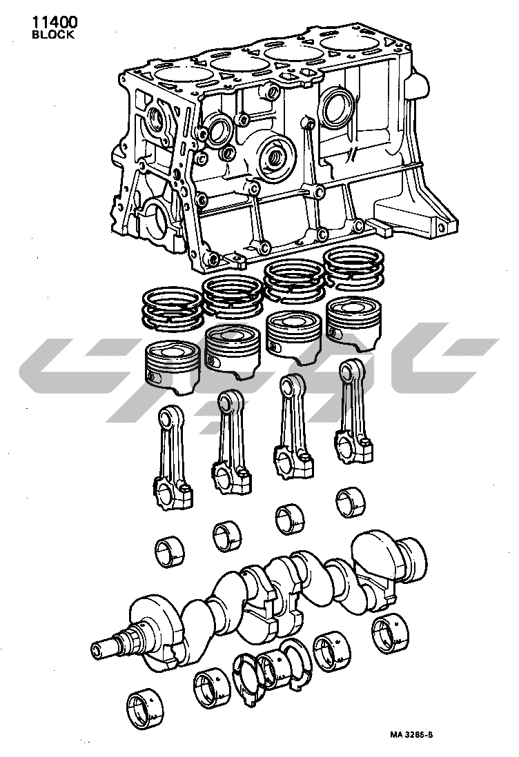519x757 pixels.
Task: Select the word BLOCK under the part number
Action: coord(53,34)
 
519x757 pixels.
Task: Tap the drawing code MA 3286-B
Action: coord(412,735)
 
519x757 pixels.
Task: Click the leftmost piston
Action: coord(173,366)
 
